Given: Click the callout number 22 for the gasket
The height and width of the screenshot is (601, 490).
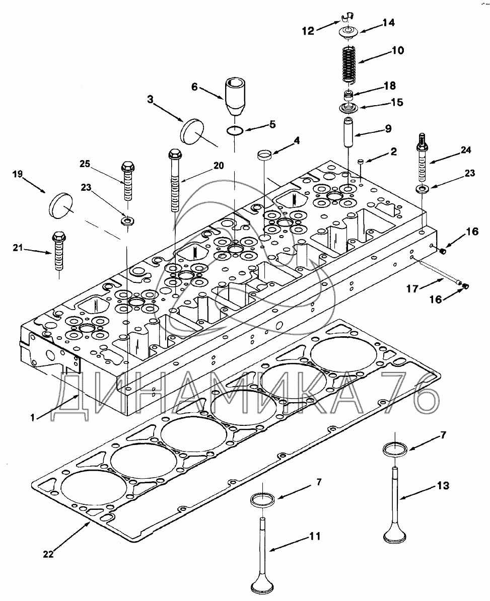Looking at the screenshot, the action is pyautogui.click(x=48, y=554).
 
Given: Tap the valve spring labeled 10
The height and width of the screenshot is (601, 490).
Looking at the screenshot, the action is pyautogui.click(x=349, y=64).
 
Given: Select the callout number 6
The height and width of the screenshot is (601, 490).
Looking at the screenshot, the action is pyautogui.click(x=195, y=87).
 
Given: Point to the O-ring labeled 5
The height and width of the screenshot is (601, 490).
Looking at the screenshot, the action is pyautogui.click(x=234, y=131).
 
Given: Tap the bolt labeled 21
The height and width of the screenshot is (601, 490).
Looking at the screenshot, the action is pyautogui.click(x=58, y=251).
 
